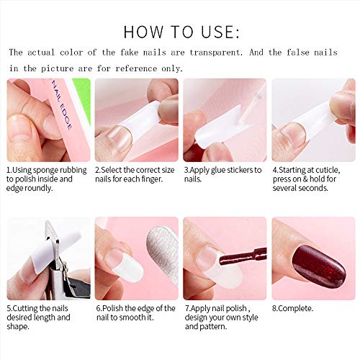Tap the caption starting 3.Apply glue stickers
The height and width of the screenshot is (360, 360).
coord(223,174)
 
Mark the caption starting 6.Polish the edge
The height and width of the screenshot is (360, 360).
coord(135,313)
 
